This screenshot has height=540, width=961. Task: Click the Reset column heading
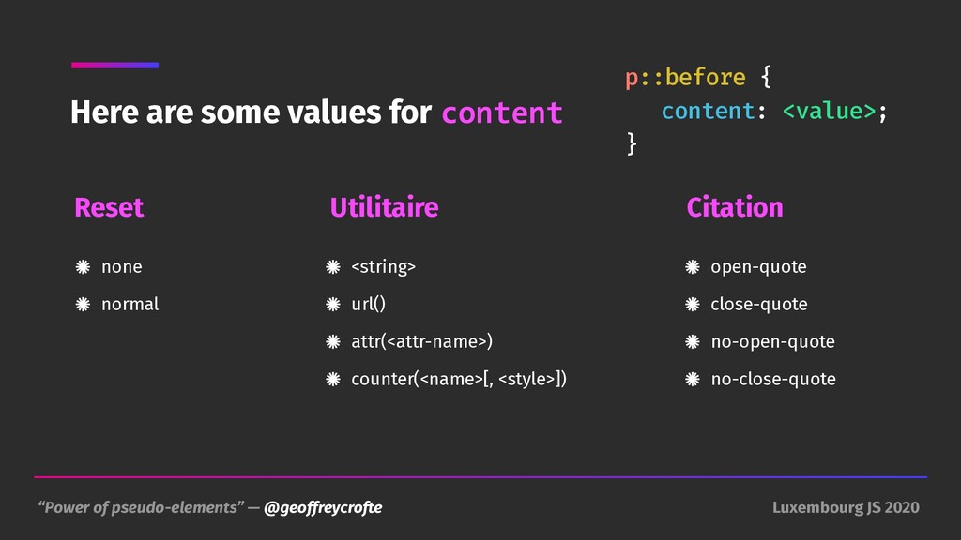(x=109, y=207)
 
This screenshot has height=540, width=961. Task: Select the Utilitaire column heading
(x=384, y=207)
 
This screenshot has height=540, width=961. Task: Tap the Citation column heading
(x=735, y=207)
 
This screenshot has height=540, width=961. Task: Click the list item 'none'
(x=122, y=267)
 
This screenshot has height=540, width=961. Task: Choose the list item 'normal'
(x=130, y=305)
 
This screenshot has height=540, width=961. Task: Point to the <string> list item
(x=384, y=267)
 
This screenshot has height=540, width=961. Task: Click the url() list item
(x=368, y=305)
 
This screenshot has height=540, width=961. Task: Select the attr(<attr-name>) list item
(x=421, y=341)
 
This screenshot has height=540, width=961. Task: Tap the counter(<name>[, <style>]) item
(x=459, y=379)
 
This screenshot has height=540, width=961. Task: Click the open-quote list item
(x=758, y=267)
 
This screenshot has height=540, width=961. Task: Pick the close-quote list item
(x=759, y=305)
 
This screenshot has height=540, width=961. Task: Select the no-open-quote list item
(x=773, y=341)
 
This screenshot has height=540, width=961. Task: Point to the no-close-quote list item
(x=773, y=380)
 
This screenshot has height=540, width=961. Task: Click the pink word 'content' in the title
(x=502, y=113)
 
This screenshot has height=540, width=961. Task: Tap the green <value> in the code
(x=830, y=111)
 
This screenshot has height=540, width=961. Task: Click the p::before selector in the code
(x=685, y=78)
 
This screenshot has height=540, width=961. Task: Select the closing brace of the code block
(x=632, y=143)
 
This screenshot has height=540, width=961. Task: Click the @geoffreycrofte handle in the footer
(x=323, y=507)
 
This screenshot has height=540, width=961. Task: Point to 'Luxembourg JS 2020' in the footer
(x=846, y=507)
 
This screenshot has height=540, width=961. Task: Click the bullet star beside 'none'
(x=83, y=267)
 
